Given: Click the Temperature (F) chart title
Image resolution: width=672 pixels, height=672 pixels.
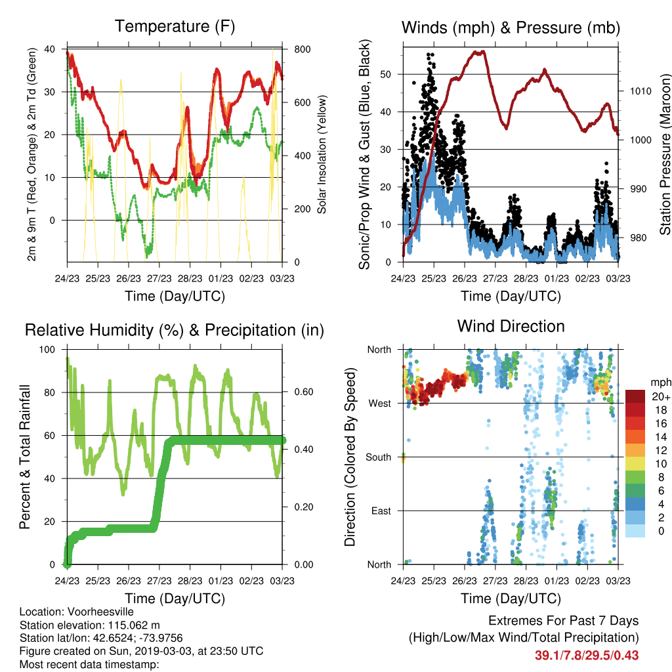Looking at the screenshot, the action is [x=175, y=26].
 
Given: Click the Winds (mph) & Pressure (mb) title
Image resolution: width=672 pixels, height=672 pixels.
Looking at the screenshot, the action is [x=511, y=28].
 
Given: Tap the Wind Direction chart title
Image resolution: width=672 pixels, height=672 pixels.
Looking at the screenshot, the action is [x=511, y=326].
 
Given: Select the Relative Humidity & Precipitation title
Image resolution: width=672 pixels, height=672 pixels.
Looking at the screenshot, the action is [x=175, y=331].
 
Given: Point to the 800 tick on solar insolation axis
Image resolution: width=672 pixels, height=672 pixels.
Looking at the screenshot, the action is [x=302, y=49].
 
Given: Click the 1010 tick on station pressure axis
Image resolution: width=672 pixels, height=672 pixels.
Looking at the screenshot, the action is [x=640, y=91].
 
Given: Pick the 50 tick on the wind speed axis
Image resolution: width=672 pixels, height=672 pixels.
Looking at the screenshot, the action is [x=386, y=75].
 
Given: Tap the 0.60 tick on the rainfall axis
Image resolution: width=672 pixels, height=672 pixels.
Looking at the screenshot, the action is [x=304, y=392].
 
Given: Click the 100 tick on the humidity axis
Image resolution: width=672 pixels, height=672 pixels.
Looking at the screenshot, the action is [x=47, y=350].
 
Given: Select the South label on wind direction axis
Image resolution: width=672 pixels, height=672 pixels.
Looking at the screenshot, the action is [x=379, y=457].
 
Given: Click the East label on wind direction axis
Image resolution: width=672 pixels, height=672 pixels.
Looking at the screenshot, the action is [x=381, y=511].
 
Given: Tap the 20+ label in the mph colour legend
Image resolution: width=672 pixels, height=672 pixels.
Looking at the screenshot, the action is [x=661, y=397].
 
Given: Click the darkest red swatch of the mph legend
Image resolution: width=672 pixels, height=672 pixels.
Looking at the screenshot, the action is [x=635, y=396].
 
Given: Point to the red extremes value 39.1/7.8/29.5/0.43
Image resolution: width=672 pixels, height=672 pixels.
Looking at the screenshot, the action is [x=587, y=656].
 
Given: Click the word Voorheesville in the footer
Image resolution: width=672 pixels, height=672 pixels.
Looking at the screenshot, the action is [x=100, y=612].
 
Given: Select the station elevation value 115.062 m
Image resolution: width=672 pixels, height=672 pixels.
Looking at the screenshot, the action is [x=134, y=625].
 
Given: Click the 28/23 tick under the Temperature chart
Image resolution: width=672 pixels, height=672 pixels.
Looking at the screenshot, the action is [x=190, y=278].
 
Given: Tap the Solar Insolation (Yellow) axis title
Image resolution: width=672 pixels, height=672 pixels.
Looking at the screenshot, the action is [x=322, y=154].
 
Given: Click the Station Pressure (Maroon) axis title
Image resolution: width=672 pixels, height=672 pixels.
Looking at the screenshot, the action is [x=665, y=154].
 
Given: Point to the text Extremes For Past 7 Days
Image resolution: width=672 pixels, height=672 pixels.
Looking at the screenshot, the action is [x=564, y=621].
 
